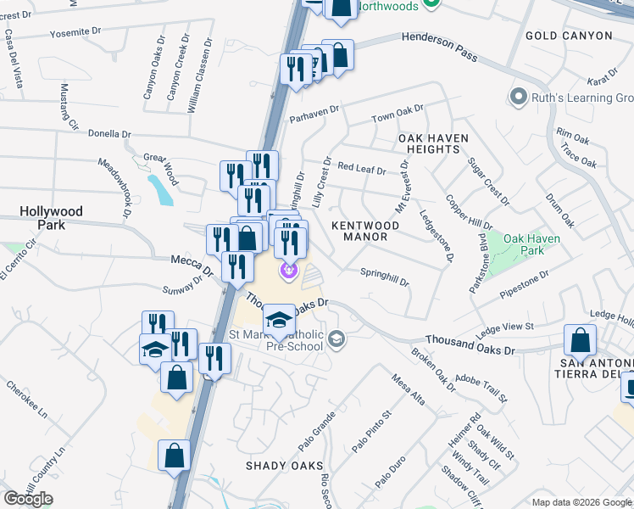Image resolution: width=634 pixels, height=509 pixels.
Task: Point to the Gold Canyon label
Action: [x=568, y=36]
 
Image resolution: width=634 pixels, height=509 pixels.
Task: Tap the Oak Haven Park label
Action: [x=531, y=245]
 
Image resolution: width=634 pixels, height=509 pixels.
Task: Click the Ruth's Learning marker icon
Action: [x=517, y=98]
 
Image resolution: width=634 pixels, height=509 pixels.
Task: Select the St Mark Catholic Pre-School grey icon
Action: [x=337, y=339]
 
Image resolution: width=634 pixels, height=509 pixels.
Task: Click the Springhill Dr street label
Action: [x=384, y=277]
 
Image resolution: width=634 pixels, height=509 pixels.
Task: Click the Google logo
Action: [x=29, y=499]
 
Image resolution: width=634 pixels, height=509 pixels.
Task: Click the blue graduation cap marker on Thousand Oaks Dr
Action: [x=279, y=320]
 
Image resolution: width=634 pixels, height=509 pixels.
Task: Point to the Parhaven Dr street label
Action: [x=314, y=109]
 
